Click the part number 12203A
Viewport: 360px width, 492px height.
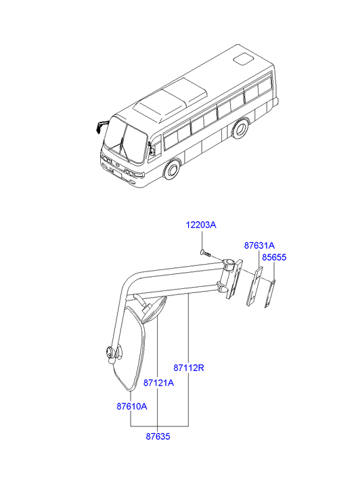tap(201, 225)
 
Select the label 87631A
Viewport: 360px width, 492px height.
tap(259, 246)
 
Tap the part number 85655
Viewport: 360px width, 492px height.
tap(274, 257)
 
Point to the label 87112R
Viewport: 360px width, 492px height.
tap(189, 367)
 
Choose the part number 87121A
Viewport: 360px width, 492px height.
tap(158, 383)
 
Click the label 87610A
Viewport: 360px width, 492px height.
tap(132, 406)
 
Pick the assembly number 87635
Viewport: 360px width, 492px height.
tap(158, 437)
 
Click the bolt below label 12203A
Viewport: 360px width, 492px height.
tap(206, 252)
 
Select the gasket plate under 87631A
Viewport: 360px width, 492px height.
tap(254, 286)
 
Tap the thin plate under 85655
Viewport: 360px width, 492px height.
tap(270, 294)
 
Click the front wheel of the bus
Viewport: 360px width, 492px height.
tap(172, 170)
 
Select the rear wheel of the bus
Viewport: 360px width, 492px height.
tap(240, 129)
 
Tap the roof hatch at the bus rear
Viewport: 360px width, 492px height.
tap(244, 60)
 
